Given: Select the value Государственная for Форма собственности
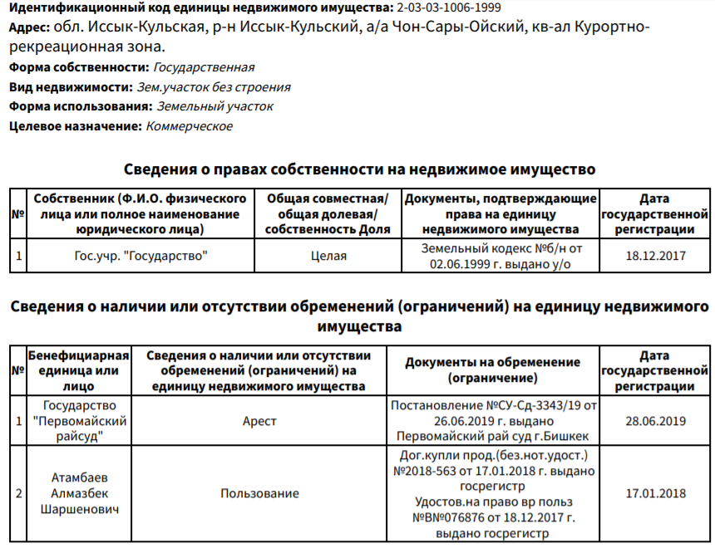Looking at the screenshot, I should pos(204,67).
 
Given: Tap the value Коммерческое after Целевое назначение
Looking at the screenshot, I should pos(190,126).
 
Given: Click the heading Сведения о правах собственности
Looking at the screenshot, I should pos(359,169).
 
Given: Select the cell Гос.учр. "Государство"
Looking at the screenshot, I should pos(141,256).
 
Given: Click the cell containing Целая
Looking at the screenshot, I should pos(328,256).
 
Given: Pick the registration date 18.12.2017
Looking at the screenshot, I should pos(655,256).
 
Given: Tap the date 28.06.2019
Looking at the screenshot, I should pos(655,421).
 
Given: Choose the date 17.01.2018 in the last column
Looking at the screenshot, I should pos(655,493).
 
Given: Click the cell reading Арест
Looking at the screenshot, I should pos(259,421).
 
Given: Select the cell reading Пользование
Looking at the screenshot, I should pos(259,493).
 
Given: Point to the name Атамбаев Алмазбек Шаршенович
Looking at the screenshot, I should pos(79,493).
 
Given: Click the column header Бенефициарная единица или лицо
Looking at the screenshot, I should pos(79,370).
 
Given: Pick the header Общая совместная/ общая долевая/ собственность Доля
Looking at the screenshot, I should pos(328,213).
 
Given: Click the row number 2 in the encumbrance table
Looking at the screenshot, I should pos(18,493).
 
